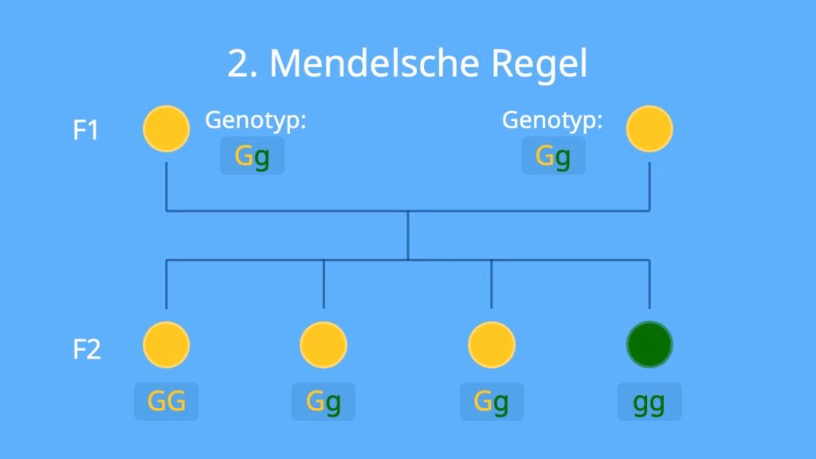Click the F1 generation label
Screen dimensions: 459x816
click(86, 130)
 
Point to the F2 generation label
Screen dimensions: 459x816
click(86, 349)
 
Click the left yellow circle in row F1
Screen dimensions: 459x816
click(167, 128)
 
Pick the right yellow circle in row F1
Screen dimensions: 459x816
click(649, 128)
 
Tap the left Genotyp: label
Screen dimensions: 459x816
click(256, 120)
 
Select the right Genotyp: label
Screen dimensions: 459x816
click(552, 120)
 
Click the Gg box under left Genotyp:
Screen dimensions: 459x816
click(252, 156)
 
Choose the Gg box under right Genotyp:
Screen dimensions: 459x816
click(553, 156)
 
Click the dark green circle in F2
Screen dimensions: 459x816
click(649, 345)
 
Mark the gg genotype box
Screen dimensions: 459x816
click(649, 402)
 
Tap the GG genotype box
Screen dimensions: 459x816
click(166, 402)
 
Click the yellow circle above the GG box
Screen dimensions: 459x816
click(167, 345)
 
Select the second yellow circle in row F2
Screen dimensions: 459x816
click(324, 345)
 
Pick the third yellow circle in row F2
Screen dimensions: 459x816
click(492, 345)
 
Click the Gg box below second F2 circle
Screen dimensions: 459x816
click(324, 402)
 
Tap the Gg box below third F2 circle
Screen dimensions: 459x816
click(492, 402)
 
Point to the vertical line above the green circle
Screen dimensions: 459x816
click(649, 284)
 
